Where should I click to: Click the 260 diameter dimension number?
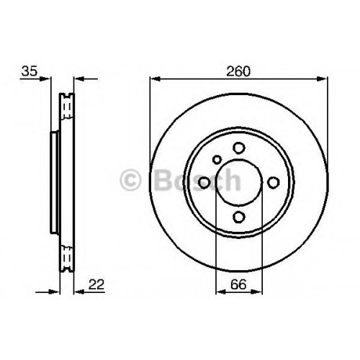click(x=238, y=71)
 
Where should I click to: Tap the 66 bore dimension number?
click(x=238, y=284)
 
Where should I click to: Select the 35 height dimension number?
click(x=30, y=71)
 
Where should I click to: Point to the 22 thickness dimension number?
click(x=96, y=284)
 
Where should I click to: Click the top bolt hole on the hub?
click(x=239, y=148)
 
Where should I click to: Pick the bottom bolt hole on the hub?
click(x=239, y=217)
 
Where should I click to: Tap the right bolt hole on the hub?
click(x=274, y=182)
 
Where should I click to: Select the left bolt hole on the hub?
click(x=204, y=182)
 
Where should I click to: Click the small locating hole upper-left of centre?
click(x=217, y=160)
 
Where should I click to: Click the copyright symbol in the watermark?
click(x=130, y=179)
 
